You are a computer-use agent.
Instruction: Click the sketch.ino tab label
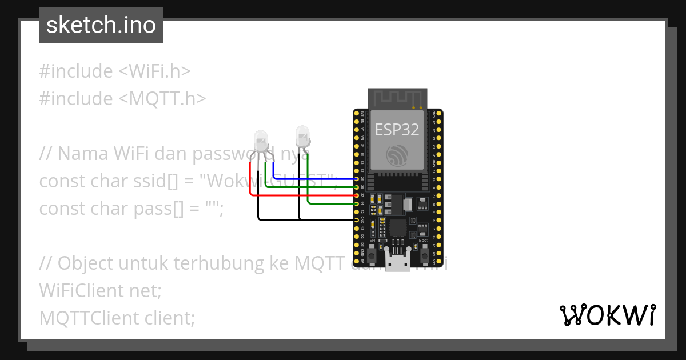tap(101, 25)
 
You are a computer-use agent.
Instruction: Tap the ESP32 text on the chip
tap(397, 129)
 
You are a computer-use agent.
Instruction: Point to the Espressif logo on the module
tap(397, 155)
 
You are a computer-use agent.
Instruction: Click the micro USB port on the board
tap(397, 263)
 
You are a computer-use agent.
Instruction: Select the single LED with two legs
tap(303, 137)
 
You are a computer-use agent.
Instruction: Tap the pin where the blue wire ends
tap(357, 179)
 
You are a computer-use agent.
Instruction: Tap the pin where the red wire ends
tap(357, 195)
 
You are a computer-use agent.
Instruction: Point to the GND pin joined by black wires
tap(357, 220)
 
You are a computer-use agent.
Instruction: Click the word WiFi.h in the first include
tap(154, 71)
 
